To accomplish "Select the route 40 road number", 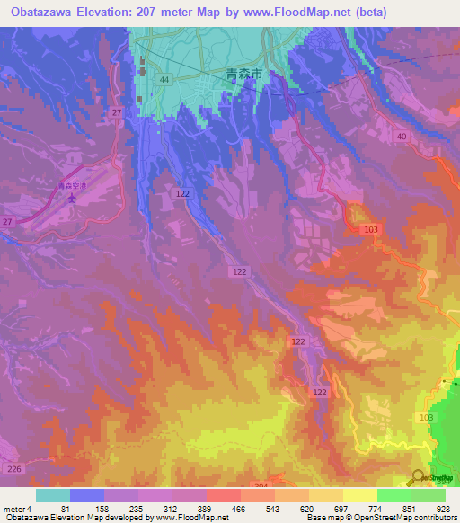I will (401, 136).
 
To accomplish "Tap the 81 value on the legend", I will (70, 508).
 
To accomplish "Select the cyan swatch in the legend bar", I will (53, 495).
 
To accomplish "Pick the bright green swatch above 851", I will (394, 495).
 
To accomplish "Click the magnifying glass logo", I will (419, 478).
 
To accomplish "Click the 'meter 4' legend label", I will (19, 508).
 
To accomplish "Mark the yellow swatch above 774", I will (360, 495).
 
